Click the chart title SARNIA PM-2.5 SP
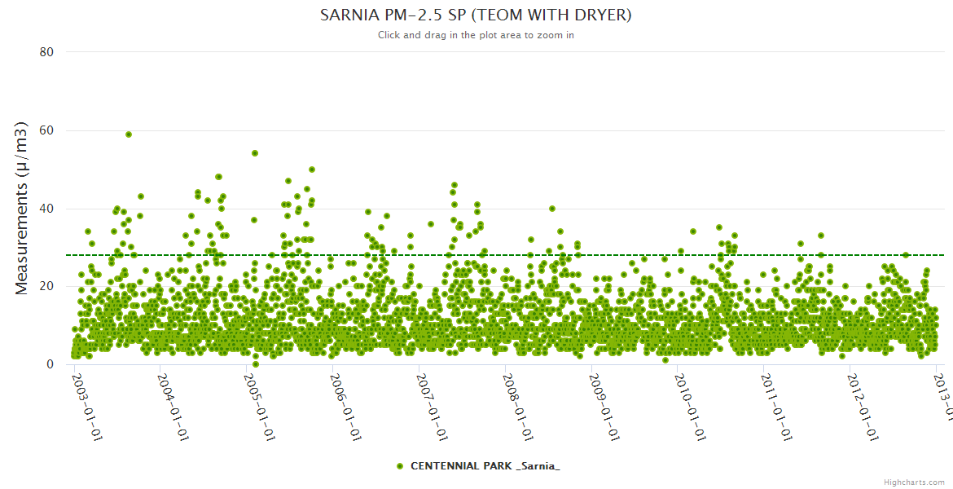tap(476, 15)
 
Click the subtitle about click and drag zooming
tap(476, 35)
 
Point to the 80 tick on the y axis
tap(46, 52)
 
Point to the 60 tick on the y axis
tap(46, 130)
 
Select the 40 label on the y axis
tap(46, 209)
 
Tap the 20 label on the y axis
tap(46, 287)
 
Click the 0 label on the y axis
tap(50, 365)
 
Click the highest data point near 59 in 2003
tap(129, 134)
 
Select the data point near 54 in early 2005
tap(255, 153)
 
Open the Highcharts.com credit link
tap(914, 482)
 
